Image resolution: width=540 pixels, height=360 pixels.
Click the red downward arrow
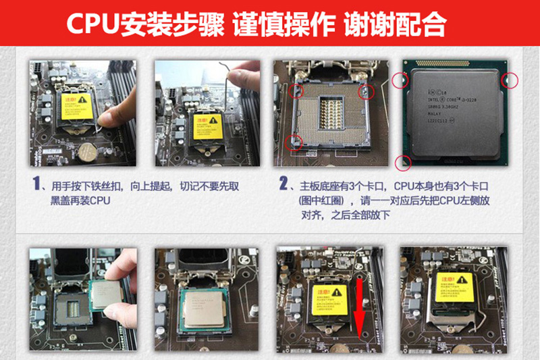tap(359, 307)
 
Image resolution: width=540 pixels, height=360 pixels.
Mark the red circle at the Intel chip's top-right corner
tap(510, 81)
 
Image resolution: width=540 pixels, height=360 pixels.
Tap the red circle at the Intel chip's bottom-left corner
tap(403, 161)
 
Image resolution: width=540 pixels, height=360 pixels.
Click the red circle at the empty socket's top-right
tap(367, 91)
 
